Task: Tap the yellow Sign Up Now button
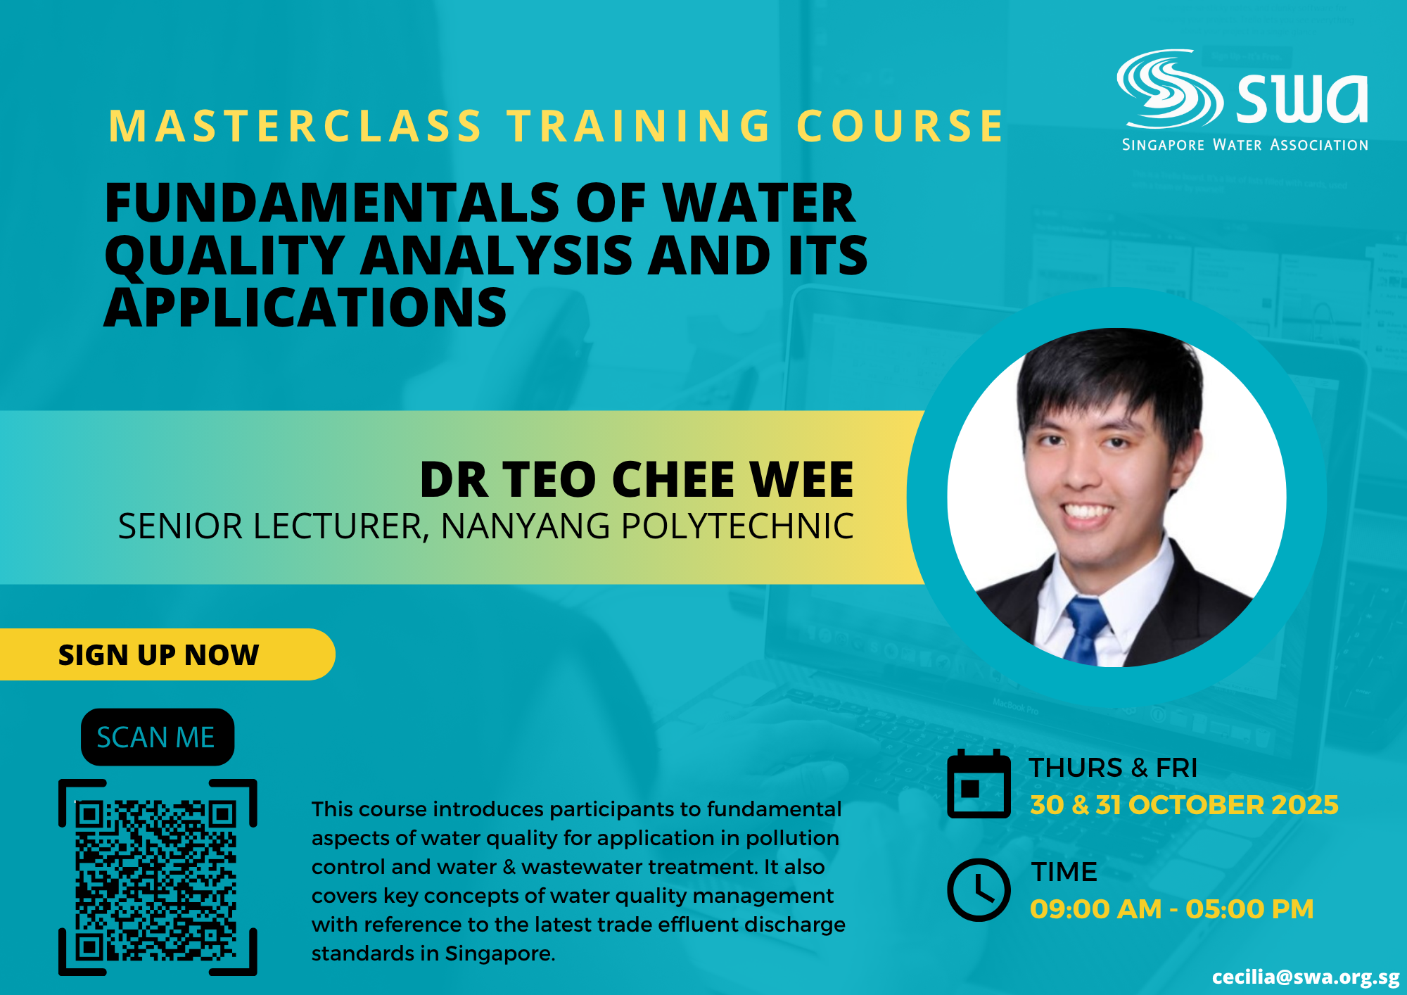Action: pos(167,654)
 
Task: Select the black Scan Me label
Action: pos(158,737)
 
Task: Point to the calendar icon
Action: pos(979,784)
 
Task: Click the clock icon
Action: pos(979,889)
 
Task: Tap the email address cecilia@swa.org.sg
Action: pos(1306,977)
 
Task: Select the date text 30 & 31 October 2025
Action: pos(1184,805)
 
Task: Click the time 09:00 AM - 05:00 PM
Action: pos(1172,909)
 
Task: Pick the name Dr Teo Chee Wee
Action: pos(637,480)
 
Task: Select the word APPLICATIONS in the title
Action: pos(305,308)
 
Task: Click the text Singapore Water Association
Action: pos(1245,145)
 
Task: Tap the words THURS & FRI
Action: pos(1113,768)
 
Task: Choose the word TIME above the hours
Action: pos(1064,872)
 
